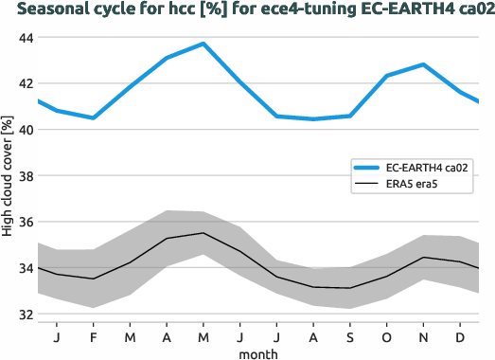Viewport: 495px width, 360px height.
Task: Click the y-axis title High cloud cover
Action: coord(9,176)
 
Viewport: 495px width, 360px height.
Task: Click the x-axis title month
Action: coord(257,352)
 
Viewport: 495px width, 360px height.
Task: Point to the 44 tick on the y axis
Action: coord(23,38)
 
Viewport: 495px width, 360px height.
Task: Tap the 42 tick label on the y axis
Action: coord(23,84)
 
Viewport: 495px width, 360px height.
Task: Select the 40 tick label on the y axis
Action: coord(23,130)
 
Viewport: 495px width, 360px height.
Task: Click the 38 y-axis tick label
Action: coord(23,176)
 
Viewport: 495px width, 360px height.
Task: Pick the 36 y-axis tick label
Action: coord(23,223)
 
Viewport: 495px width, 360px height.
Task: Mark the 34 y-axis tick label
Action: coord(23,268)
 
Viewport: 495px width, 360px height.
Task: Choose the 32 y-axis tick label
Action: coord(23,315)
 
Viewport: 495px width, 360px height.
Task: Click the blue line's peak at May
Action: coord(203,44)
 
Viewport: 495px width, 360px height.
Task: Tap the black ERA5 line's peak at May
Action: coord(203,233)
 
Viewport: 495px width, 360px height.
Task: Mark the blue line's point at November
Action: coord(424,64)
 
